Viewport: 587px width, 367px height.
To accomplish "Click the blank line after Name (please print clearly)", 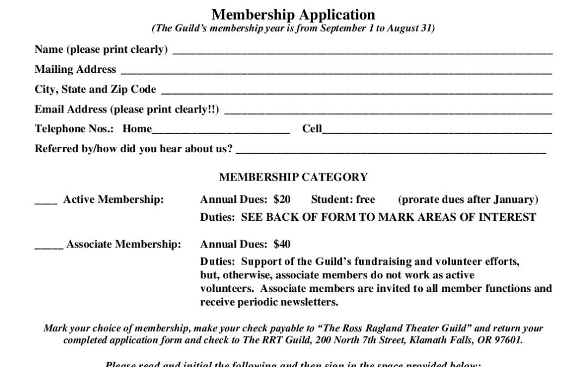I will pyautogui.click(x=362, y=51).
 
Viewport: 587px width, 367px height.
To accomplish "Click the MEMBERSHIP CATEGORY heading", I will pyautogui.click(x=293, y=177).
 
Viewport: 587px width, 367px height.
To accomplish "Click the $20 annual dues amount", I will pyautogui.click(x=282, y=200).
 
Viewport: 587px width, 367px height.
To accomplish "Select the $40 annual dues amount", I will pyautogui.click(x=282, y=245).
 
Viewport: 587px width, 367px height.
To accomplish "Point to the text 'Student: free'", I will pyautogui.click(x=343, y=200).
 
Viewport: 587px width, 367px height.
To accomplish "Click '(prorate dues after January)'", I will pyautogui.click(x=468, y=200).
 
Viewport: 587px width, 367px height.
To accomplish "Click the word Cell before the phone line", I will pyautogui.click(x=312, y=129).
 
